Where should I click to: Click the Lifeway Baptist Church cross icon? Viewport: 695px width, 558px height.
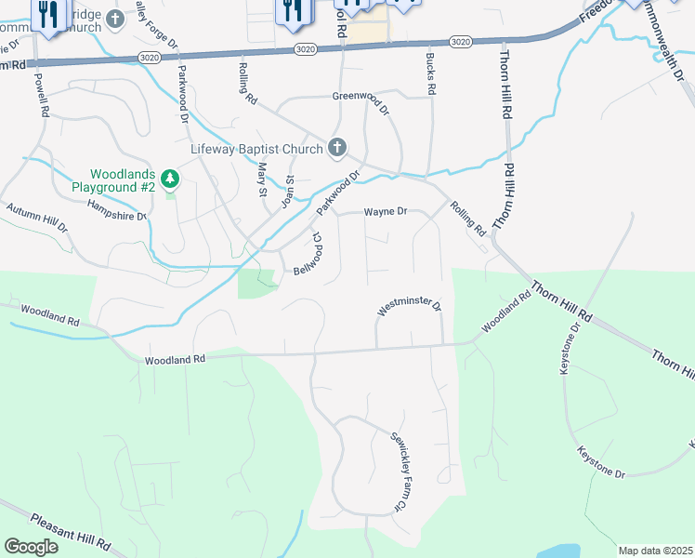click(337, 148)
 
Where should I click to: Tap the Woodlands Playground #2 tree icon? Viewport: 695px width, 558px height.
click(169, 177)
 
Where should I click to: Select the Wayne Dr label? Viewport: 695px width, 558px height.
click(386, 212)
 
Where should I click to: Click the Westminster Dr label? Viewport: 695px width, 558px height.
click(409, 305)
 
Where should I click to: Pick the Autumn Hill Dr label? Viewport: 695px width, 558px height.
click(37, 218)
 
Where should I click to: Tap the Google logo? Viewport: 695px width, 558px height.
click(31, 547)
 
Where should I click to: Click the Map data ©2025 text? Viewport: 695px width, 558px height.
click(655, 551)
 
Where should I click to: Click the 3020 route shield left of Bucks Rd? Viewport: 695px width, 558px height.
click(304, 48)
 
